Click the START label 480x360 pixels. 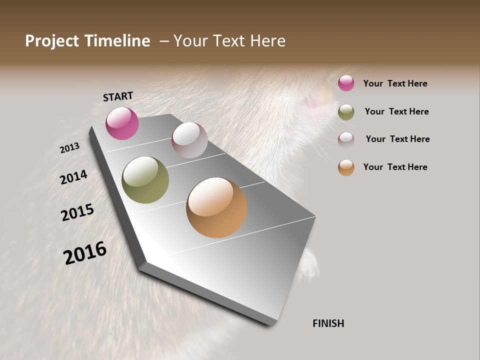click(118, 96)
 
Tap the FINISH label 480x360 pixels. click(328, 323)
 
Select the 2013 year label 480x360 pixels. click(70, 148)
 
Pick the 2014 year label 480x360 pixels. click(74, 177)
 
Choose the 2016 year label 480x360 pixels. click(85, 253)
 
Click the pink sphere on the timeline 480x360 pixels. click(122, 123)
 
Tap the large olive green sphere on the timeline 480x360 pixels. click(145, 180)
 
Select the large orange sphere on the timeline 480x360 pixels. click(216, 207)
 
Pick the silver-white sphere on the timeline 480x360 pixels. click(189, 140)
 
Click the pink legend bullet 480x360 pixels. click(346, 83)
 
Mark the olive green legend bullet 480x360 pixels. click(346, 112)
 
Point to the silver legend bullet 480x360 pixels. click(346, 139)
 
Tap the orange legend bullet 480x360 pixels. click(346, 167)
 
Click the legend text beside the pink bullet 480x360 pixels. click(395, 83)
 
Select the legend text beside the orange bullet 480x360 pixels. click(395, 167)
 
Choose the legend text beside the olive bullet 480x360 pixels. click(396, 111)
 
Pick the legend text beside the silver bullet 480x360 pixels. click(397, 139)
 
